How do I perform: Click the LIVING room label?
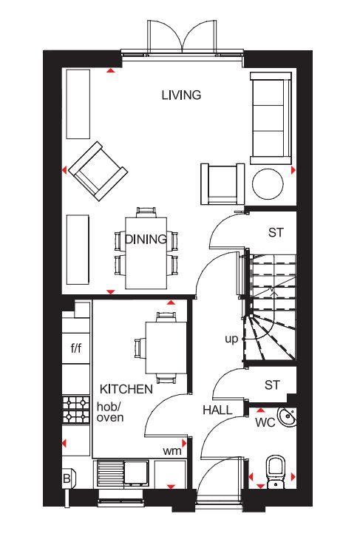click(x=181, y=95)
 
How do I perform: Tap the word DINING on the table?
click(x=146, y=240)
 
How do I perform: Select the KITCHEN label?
click(x=126, y=389)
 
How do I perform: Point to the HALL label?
click(x=217, y=410)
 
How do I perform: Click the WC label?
click(x=265, y=423)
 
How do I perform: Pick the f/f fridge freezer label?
click(x=76, y=348)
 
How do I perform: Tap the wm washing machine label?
click(x=172, y=451)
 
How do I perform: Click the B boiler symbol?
click(x=67, y=478)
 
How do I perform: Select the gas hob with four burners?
click(x=76, y=410)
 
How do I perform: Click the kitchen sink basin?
click(x=136, y=473)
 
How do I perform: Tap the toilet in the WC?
click(x=276, y=471)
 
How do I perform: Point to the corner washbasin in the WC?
click(x=287, y=417)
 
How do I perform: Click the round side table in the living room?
click(x=268, y=184)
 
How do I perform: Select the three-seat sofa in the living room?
click(x=271, y=118)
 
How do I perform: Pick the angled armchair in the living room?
click(x=98, y=172)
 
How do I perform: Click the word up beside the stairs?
click(x=231, y=339)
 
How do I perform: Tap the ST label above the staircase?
click(x=276, y=232)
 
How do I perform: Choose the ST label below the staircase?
click(x=272, y=385)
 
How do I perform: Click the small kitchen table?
click(x=166, y=348)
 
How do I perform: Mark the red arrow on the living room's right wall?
click(x=293, y=170)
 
